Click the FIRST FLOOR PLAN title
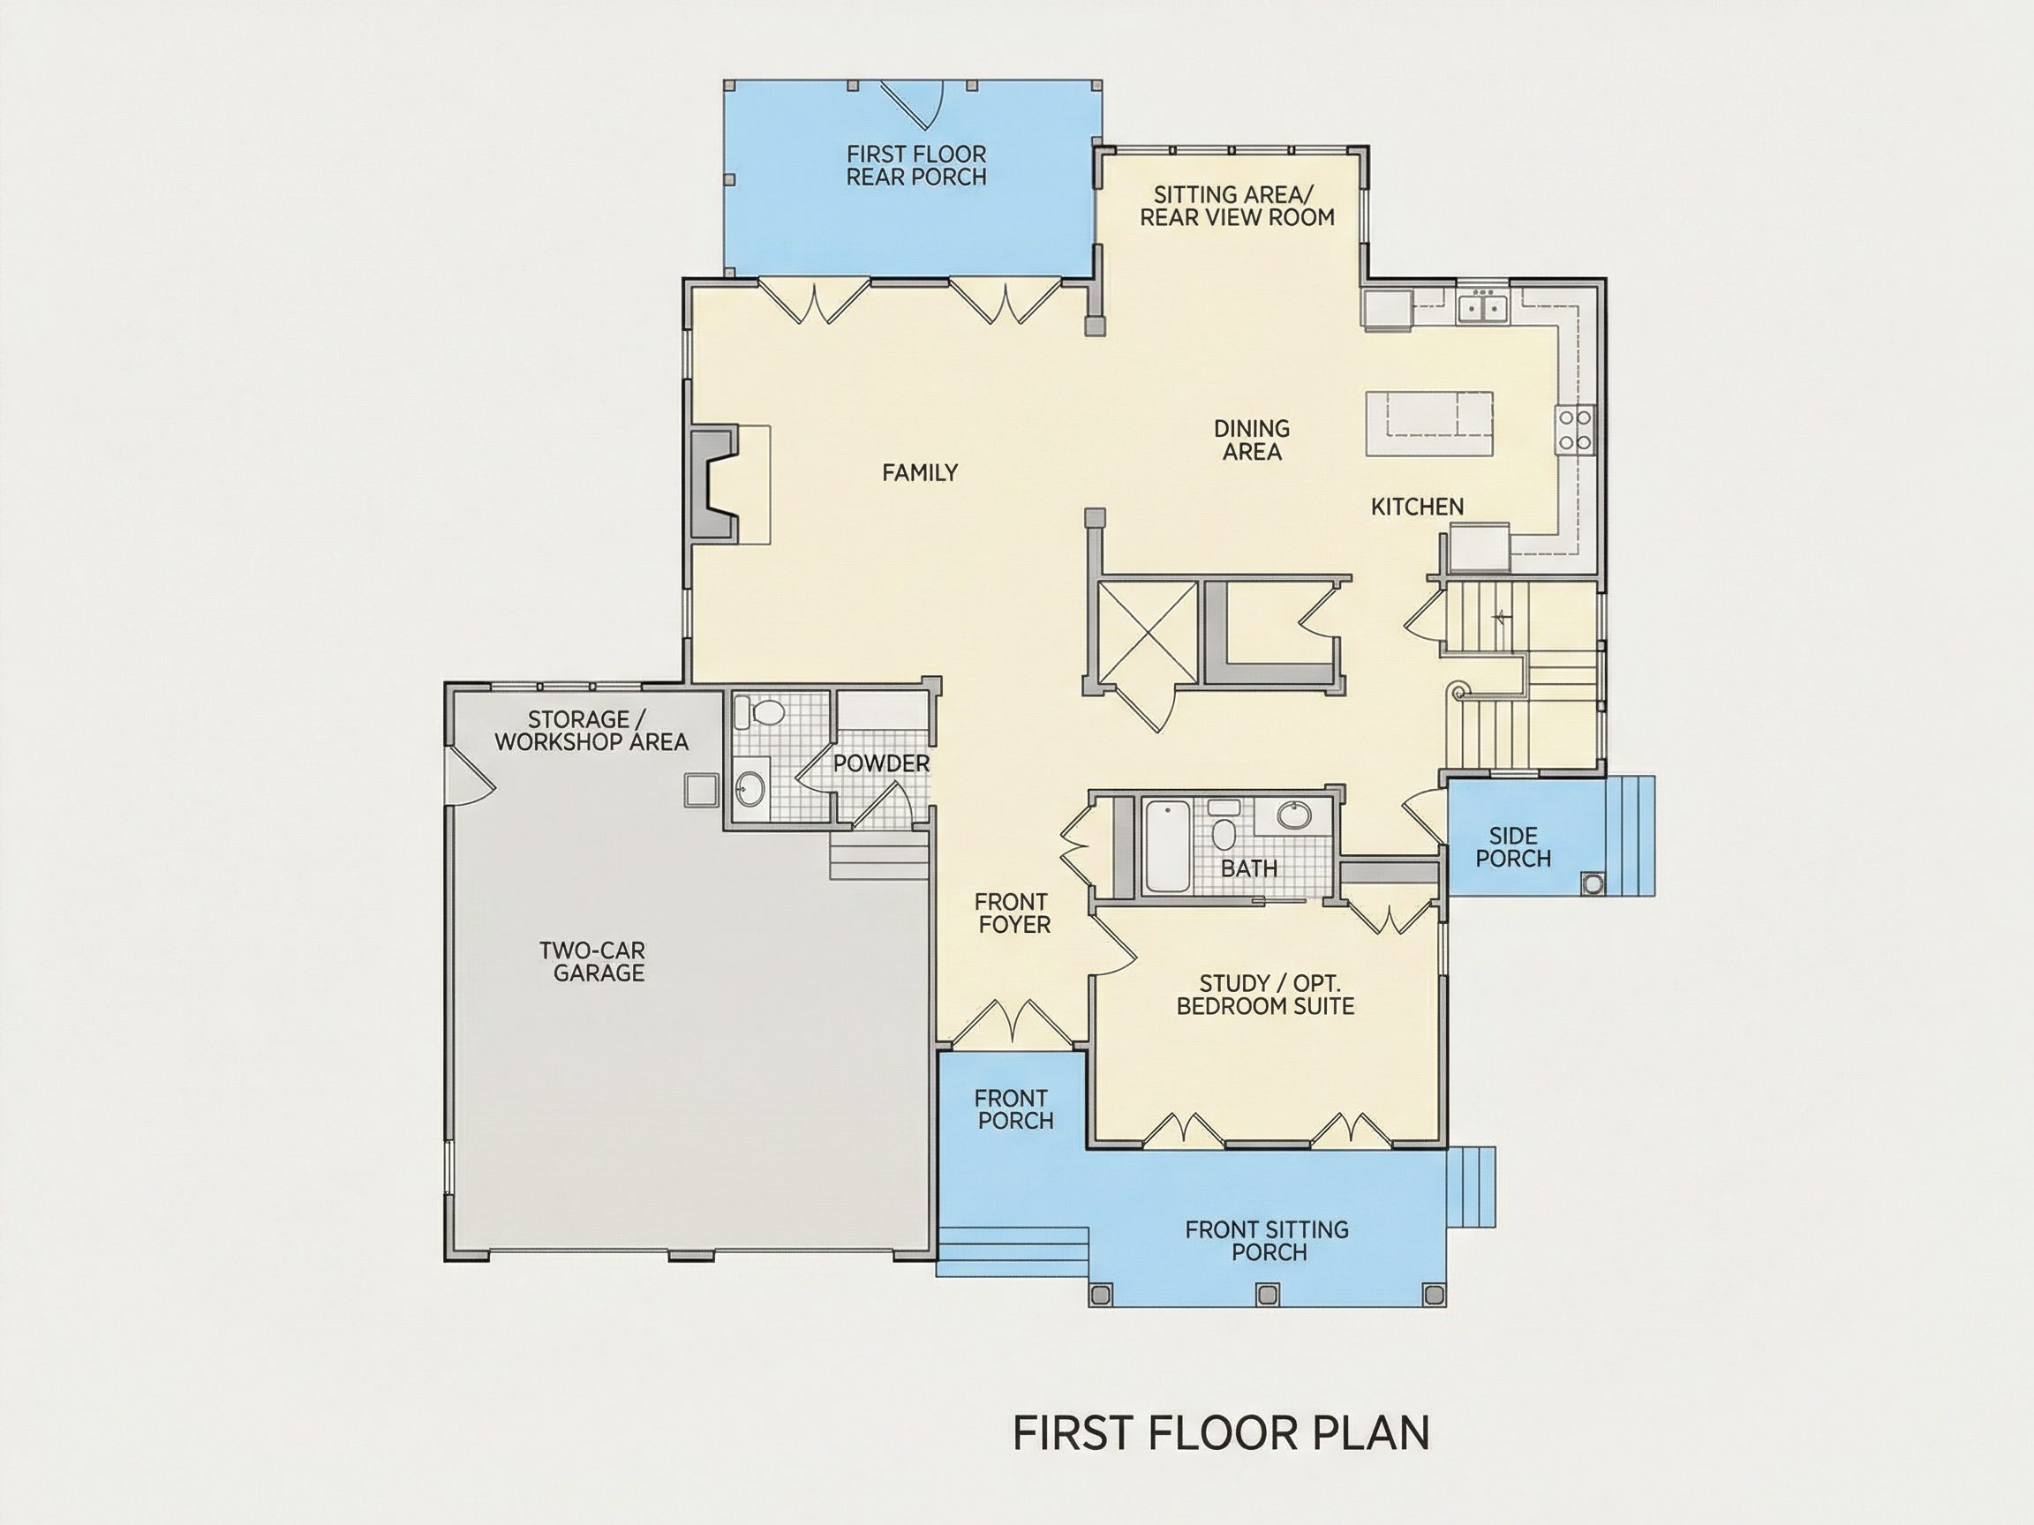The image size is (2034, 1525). [1221, 1433]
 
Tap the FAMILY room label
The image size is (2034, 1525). [920, 472]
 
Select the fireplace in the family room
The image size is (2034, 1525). [714, 483]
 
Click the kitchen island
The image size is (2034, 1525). [1428, 423]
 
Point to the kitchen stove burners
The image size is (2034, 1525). [1573, 430]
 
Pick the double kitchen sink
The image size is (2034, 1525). [1483, 305]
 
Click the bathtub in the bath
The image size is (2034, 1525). [1167, 845]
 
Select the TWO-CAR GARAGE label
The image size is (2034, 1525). [593, 962]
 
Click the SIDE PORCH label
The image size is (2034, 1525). [1512, 846]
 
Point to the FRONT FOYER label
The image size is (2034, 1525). [1012, 913]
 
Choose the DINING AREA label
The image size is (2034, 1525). [1252, 439]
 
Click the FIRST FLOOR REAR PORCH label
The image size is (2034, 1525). [915, 165]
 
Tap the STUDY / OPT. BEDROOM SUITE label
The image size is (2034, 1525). [1265, 995]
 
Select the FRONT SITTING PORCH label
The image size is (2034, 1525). [1267, 1240]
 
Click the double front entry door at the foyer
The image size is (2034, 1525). [1012, 1022]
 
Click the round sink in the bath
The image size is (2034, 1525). [1294, 815]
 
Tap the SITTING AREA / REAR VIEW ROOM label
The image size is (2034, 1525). [1236, 206]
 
